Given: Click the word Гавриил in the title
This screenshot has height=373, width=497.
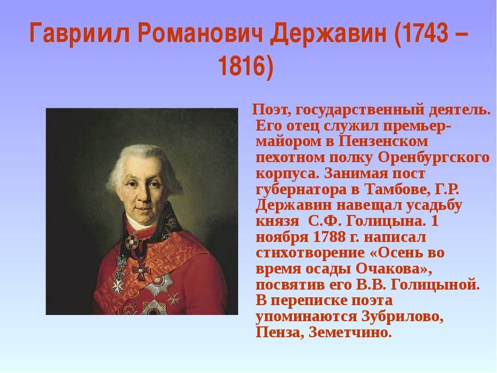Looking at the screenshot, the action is point(80,33).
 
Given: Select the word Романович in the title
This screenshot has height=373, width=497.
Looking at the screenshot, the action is point(200,33).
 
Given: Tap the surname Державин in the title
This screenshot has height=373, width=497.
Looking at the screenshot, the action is point(328,34).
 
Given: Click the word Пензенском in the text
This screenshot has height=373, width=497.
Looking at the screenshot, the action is point(383,141).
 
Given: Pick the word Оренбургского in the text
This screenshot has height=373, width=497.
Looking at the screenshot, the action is point(434,158).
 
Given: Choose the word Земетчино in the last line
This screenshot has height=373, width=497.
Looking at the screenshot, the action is point(348,333).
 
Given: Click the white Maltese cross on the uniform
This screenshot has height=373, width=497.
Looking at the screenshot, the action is point(118,286).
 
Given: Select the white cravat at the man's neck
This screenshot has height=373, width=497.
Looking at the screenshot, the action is point(139,223).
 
